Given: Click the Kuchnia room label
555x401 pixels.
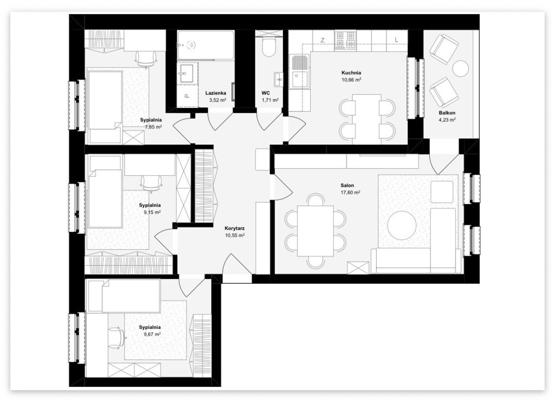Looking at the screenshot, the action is [351, 73].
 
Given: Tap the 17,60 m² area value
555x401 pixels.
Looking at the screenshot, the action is [351, 192].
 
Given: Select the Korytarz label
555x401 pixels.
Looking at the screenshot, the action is [235, 228].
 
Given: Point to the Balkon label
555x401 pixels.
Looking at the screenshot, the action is [447, 113].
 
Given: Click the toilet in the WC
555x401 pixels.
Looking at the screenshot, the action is [269, 47].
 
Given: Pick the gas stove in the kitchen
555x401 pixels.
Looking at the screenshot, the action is [345, 40].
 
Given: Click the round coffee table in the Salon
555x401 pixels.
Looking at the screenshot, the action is [402, 225].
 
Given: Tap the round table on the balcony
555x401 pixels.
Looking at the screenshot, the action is [461, 68].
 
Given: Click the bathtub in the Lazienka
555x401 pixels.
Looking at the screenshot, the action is [205, 45].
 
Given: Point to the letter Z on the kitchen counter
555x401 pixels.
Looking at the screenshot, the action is [322, 40].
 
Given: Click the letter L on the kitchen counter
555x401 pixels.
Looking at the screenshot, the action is [396, 40].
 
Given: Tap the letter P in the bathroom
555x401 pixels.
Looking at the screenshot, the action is [186, 96].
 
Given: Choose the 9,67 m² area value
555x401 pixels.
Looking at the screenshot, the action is [150, 334].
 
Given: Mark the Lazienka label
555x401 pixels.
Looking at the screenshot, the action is [216, 93].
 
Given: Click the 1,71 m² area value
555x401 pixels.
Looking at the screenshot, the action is [270, 100].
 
